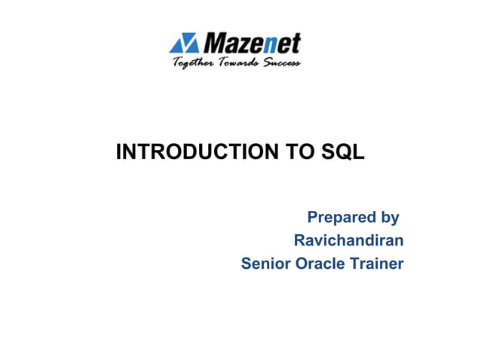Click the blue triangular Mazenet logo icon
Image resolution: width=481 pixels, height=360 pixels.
[x=183, y=43]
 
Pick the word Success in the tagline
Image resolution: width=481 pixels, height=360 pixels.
[x=282, y=63]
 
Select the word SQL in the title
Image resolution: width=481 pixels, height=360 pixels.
[x=343, y=153]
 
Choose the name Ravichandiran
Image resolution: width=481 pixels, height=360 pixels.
[x=348, y=241]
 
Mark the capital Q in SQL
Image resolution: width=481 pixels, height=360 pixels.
[x=342, y=153]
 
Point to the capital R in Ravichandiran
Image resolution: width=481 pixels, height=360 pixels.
[x=299, y=241]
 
